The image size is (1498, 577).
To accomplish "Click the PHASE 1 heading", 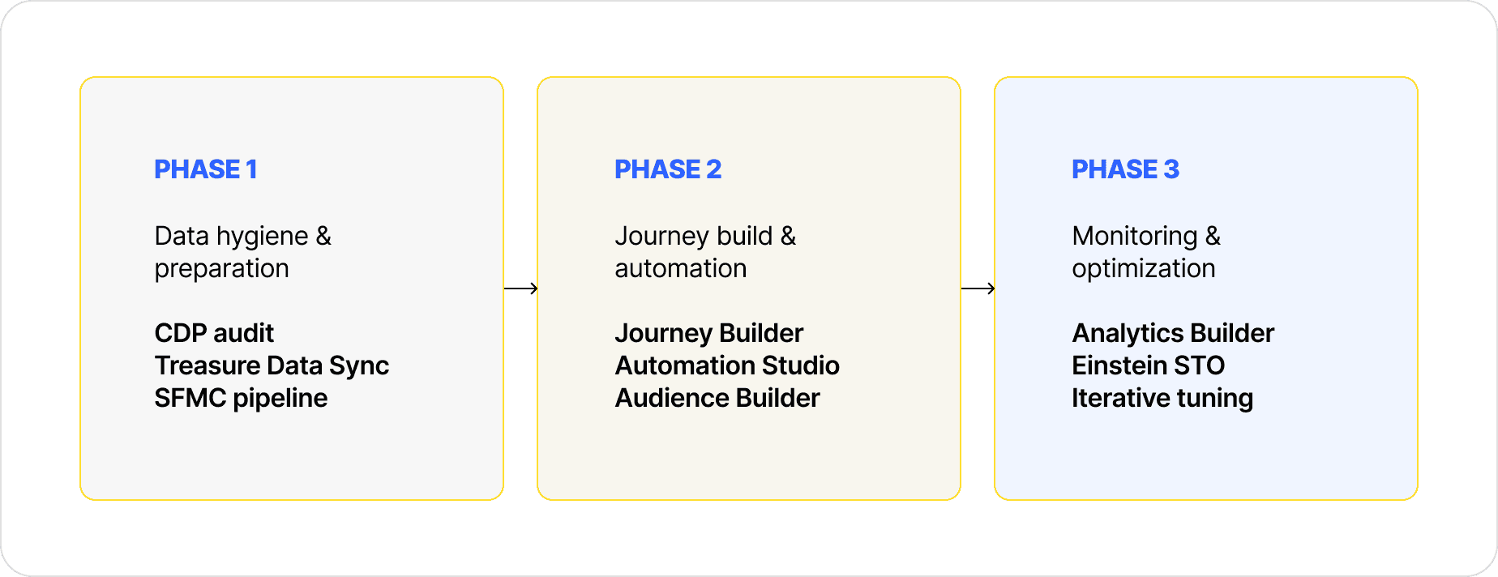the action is (206, 169).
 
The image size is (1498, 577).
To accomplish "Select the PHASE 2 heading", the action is (668, 169).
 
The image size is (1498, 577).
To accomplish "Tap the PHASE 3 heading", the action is (1125, 169).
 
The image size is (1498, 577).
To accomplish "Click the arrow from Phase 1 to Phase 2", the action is (520, 288).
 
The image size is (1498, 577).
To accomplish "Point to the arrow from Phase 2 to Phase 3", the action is (978, 288).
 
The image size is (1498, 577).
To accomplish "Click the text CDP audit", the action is (214, 333).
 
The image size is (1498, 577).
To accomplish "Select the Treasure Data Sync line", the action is (272, 366).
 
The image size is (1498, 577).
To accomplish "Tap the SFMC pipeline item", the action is (241, 399).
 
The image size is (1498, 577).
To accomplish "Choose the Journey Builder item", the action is (709, 333).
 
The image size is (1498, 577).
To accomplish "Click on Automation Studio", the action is (727, 365).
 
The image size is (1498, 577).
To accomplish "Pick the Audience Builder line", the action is (717, 398).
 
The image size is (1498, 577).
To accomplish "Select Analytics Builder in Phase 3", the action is (1173, 333).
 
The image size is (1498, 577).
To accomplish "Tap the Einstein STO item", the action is (1148, 365).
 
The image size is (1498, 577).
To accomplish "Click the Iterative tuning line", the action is (1162, 399).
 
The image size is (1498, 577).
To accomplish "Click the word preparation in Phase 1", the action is (221, 269).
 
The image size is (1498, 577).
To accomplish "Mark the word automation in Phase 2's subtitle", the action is (681, 268).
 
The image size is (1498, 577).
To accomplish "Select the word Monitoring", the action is (1135, 237).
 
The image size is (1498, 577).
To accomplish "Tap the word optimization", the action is (1144, 269).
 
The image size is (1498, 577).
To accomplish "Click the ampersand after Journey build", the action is (788, 236).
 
